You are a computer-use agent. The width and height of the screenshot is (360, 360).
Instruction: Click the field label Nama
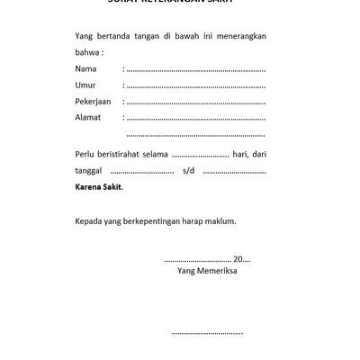click(x=86, y=68)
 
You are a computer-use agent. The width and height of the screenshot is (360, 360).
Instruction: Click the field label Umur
click(x=85, y=85)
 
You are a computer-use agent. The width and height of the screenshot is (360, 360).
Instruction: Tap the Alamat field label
click(x=88, y=117)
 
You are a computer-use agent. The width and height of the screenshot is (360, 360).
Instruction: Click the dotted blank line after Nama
click(x=195, y=69)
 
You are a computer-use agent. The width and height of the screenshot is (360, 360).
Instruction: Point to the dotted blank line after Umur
click(x=195, y=85)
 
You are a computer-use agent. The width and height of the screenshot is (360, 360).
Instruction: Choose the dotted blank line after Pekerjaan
click(x=195, y=102)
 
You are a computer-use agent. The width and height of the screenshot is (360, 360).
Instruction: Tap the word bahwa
click(x=88, y=52)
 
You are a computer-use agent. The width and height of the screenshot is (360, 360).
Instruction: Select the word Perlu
click(x=86, y=154)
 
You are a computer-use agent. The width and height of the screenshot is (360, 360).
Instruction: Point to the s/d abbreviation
click(x=188, y=170)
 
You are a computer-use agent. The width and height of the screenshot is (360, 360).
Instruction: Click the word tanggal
click(x=91, y=170)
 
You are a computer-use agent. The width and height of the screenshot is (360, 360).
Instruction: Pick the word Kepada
click(x=90, y=219)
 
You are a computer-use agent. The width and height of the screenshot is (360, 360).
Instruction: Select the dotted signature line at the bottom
click(x=207, y=332)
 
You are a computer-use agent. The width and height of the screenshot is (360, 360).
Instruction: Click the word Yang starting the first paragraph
click(x=85, y=36)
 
